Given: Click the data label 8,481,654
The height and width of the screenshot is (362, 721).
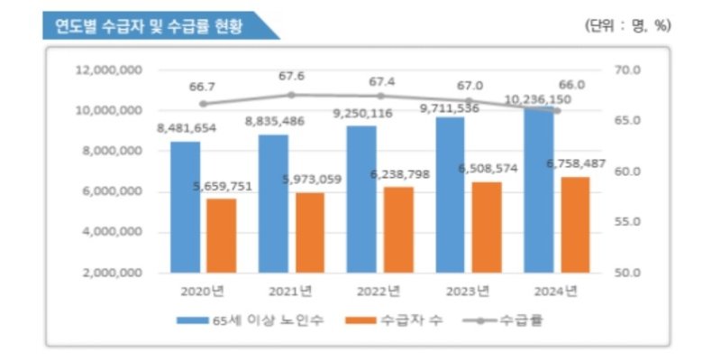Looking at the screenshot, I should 187,128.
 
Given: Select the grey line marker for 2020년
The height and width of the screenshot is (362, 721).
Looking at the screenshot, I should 203,104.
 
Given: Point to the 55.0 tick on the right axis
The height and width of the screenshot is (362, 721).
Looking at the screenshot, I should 626,221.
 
